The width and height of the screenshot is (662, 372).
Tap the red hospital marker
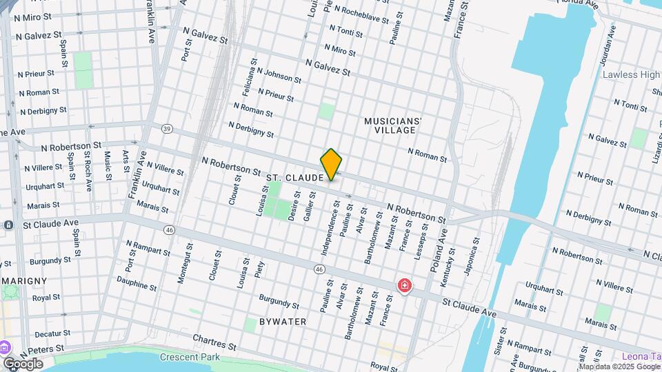404,285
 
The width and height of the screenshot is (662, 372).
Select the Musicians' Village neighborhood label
392,125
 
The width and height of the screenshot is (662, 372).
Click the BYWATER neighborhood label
282,322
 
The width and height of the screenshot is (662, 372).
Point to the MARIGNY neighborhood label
23,281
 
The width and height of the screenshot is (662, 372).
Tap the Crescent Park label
190,357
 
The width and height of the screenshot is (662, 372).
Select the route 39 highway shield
167,129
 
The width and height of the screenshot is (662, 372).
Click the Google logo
23,363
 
